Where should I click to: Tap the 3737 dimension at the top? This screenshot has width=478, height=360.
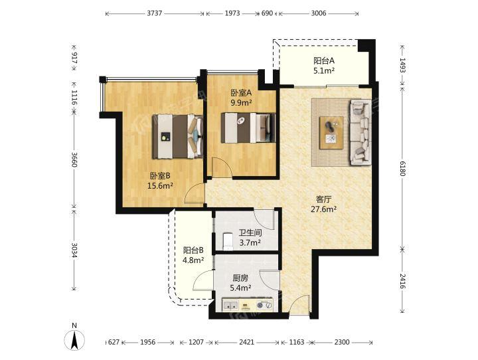coord(155,13)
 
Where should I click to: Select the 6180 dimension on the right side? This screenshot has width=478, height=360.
coord(402,168)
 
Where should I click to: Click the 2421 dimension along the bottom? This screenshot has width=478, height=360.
coord(246,342)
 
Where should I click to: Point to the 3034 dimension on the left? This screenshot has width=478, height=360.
coord(74,250)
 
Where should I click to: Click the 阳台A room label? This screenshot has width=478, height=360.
coord(324,60)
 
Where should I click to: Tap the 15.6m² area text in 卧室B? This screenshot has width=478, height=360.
coord(161,185)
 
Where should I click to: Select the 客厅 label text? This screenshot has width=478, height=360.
coord(323,199)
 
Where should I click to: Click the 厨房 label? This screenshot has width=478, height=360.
coord(240,278)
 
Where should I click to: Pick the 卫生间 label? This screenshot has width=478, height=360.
coord(250,233)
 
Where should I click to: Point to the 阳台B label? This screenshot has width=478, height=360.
coord(193,251)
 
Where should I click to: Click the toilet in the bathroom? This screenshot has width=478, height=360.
coord(228,241)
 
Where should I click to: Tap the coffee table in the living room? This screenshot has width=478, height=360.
coord(331,133)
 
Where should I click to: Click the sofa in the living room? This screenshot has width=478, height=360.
coord(360,132)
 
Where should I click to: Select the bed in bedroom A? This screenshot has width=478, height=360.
coord(248,128)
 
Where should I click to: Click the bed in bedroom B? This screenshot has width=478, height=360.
coord(178,137)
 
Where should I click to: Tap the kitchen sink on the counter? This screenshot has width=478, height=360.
coord(230,305)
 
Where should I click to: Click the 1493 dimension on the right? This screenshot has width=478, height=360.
coord(402,65)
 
